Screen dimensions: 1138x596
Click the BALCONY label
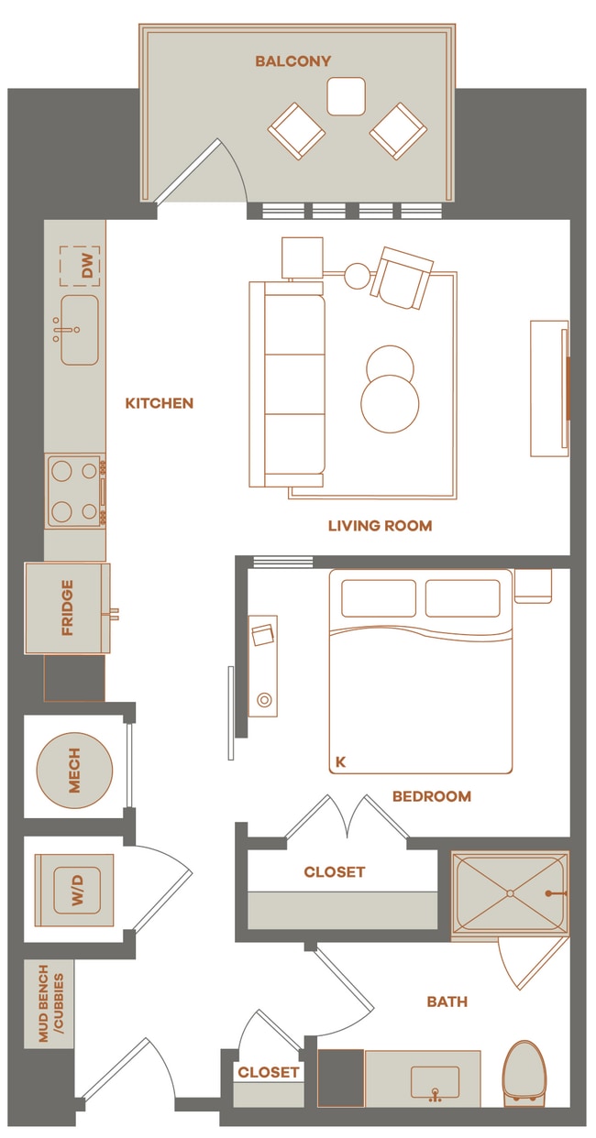[293, 61]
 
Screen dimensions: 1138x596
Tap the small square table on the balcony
[346, 96]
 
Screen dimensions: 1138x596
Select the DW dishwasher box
[80, 266]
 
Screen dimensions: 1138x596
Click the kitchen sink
[79, 330]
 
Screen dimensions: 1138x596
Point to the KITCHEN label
[160, 403]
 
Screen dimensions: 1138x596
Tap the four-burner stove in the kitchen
[74, 491]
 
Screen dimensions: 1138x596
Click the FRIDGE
[67, 607]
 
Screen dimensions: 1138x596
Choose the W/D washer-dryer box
[75, 891]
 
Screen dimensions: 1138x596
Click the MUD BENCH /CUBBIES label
[49, 1003]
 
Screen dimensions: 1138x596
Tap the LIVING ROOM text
[380, 526]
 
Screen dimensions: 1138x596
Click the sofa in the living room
[287, 384]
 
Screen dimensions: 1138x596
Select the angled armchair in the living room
[403, 278]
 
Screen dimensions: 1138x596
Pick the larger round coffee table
[390, 403]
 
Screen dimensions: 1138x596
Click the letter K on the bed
[341, 761]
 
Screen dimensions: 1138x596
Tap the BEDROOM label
[431, 796]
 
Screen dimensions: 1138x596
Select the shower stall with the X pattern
[509, 892]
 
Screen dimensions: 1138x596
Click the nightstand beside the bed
[533, 585]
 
